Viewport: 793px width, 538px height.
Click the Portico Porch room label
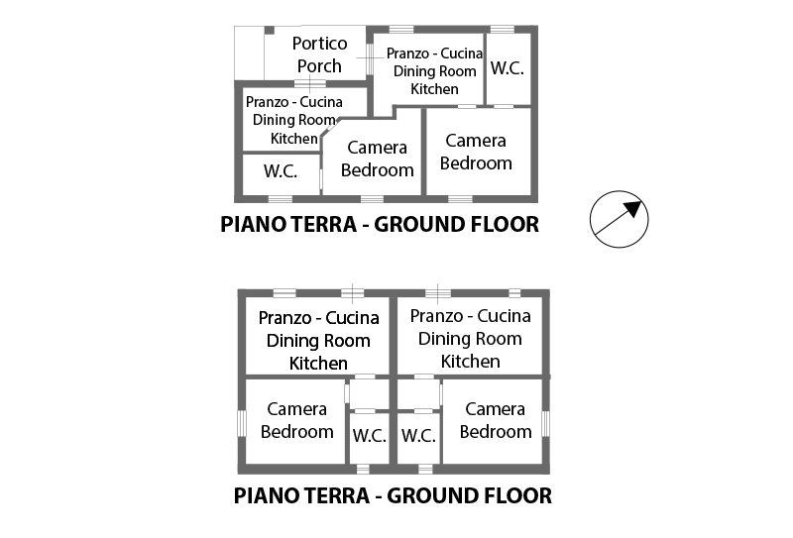(319, 54)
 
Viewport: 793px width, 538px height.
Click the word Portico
(319, 44)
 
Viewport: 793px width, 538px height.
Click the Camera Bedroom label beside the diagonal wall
(377, 159)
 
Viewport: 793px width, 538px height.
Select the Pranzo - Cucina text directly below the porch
(294, 102)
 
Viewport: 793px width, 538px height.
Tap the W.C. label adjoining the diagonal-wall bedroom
(281, 170)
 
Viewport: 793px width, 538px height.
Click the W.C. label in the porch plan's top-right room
(508, 68)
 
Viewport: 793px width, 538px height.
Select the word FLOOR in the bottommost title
(509, 494)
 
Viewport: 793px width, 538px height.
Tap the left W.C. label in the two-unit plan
(369, 436)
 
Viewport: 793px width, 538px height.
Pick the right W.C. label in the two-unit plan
(418, 436)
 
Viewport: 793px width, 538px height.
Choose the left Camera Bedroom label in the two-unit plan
(297, 420)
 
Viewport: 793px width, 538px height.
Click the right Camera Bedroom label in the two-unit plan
(495, 420)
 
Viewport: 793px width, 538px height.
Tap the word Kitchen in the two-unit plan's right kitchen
(470, 362)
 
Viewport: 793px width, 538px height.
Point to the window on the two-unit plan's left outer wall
(241, 422)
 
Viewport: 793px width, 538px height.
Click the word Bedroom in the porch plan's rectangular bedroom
(476, 163)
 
